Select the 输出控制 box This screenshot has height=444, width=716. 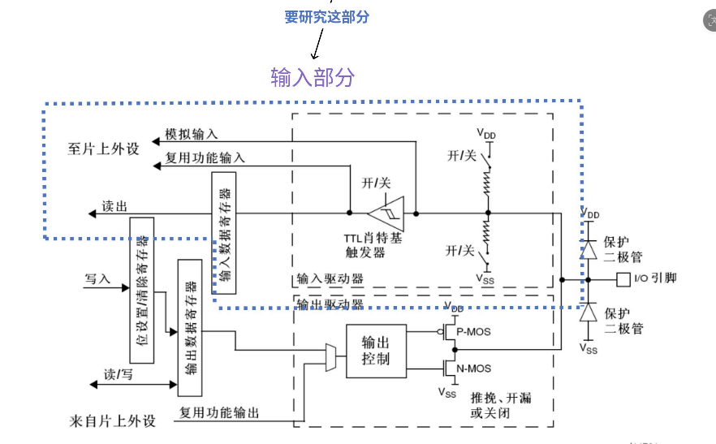coord(377,351)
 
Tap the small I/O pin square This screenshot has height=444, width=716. coord(623,279)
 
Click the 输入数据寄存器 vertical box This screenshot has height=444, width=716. coord(224,233)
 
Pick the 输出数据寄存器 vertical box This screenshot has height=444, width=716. coord(190,328)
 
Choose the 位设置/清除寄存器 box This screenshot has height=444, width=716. coord(141,291)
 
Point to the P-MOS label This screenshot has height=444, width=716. coord(473,332)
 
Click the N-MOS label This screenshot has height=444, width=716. coord(473,369)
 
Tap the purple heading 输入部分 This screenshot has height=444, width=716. coord(313,77)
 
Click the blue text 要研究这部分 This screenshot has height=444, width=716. coord(327,17)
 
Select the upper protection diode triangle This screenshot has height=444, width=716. coord(589,249)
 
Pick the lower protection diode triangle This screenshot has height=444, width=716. coord(589,313)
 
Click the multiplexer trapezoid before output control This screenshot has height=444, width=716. coord(331,358)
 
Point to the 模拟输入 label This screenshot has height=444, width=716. coord(192,134)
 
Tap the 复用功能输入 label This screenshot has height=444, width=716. coord(205,157)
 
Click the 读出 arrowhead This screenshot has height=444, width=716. coord(92,213)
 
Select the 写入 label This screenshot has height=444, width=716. coord(97,278)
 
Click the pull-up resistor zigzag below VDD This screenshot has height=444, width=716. coord(488,183)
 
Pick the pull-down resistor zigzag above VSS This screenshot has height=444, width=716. coord(487,231)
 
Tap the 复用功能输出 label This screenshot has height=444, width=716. coord(219,412)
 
